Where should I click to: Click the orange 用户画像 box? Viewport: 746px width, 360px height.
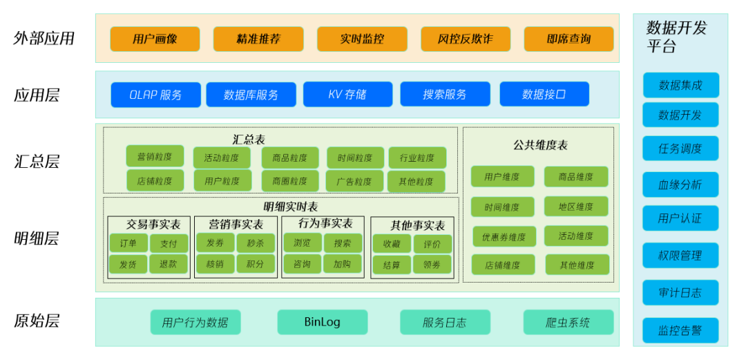coord(155,39)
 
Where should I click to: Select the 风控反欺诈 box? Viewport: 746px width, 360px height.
coord(466,39)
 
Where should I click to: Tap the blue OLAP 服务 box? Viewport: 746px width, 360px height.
coord(155,95)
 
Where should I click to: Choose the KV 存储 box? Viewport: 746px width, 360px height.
coord(347,95)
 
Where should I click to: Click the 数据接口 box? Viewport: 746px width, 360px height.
coord(544,95)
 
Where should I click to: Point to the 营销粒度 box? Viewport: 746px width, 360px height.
coord(155,156)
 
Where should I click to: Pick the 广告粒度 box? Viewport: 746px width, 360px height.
coord(354,182)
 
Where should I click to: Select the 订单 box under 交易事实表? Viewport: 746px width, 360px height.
coord(128,243)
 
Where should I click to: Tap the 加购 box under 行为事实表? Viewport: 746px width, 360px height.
coord(343,264)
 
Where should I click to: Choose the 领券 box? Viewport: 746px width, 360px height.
coord(432,265)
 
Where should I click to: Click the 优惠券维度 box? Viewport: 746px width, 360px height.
coord(504,237)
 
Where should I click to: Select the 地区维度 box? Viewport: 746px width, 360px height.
coord(576,207)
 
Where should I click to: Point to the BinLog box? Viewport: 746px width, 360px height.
coord(322,322)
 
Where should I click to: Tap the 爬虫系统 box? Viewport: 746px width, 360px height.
coord(568,322)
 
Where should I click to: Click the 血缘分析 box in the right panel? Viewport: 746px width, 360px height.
coord(680,184)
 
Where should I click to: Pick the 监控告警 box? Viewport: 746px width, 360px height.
coord(680,330)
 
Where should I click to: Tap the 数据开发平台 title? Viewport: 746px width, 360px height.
coord(676,37)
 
